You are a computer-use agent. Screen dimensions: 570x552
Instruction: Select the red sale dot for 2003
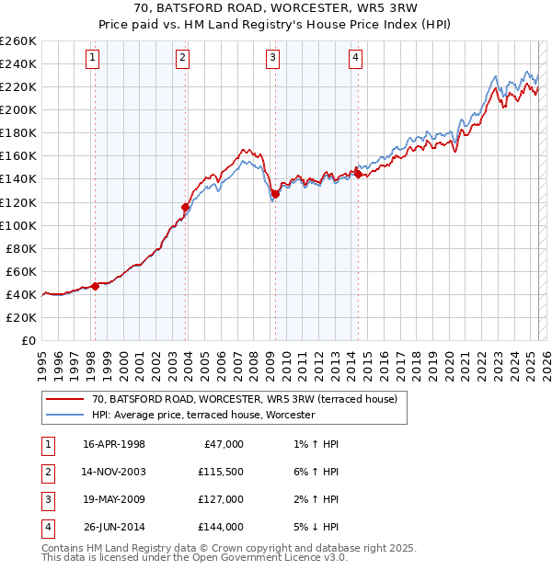pyautogui.click(x=185, y=207)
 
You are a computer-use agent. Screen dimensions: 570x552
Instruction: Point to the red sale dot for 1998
pyautogui.click(x=95, y=286)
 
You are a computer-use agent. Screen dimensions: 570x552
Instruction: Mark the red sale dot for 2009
pyautogui.click(x=275, y=194)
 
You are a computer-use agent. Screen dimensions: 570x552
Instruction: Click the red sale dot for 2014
pyautogui.click(x=358, y=174)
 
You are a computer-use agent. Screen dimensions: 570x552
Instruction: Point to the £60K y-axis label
pyautogui.click(x=21, y=271)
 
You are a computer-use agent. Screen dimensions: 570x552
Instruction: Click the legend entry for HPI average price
pyautogui.click(x=203, y=415)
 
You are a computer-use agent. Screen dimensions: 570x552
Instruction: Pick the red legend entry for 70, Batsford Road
pyautogui.click(x=244, y=399)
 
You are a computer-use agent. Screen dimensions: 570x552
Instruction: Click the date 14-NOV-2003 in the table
pyautogui.click(x=114, y=473)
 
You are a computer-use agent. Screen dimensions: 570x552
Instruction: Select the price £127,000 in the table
pyautogui.click(x=221, y=500)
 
